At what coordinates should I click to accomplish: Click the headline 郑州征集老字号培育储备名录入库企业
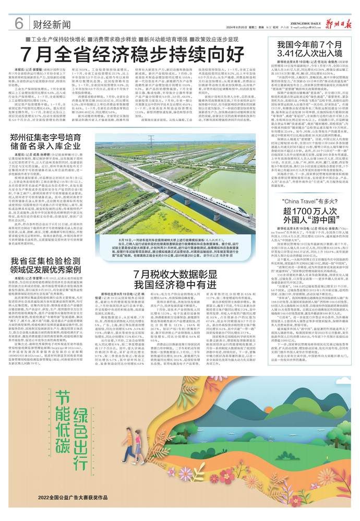click(50, 145)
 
